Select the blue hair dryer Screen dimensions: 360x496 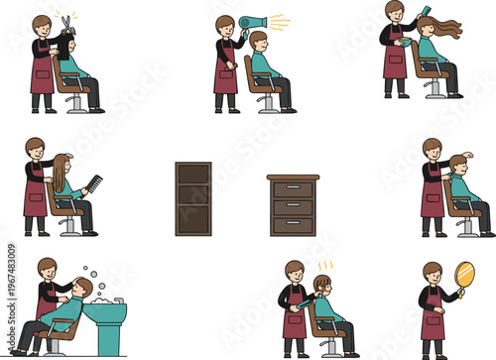pos(256,22)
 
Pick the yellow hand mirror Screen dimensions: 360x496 pos(464,275)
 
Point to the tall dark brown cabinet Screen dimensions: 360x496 pos(193,198)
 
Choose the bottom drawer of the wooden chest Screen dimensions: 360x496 pos(293,224)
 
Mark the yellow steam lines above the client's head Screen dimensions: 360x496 pos(324,266)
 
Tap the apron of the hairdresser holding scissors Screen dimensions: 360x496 pos(42,74)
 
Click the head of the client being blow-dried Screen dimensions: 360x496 pos(259,41)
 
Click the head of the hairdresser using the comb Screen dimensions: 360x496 pos(35,147)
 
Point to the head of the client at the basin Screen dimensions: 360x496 pos(83,289)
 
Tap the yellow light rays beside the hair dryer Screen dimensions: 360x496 pos(279,22)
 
